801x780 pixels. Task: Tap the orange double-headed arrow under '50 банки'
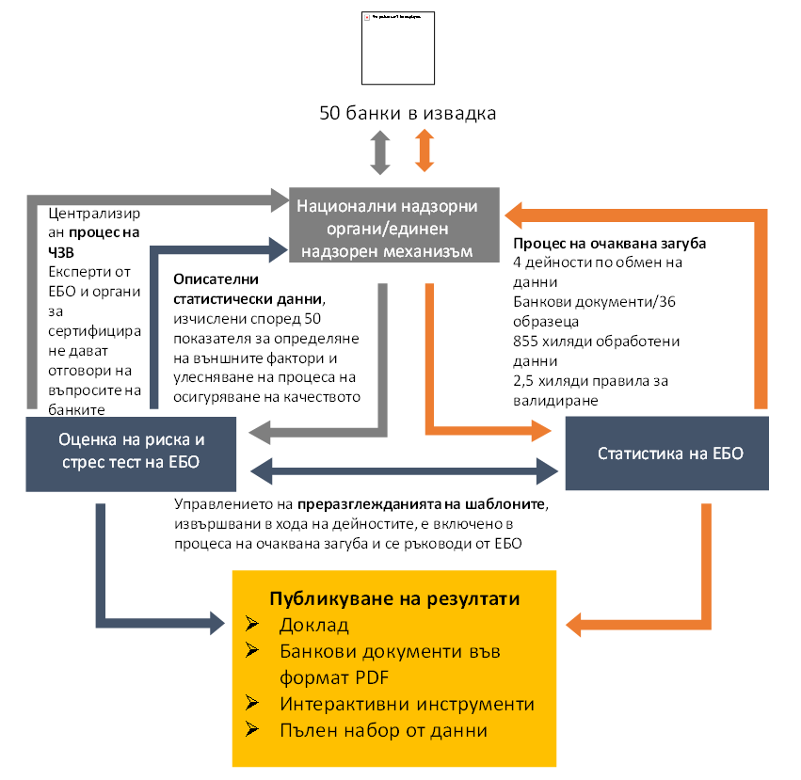coord(424,151)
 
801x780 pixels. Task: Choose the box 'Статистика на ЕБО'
coord(670,453)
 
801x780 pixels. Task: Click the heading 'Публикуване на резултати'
coord(395,599)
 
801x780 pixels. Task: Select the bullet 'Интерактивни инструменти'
coord(407,704)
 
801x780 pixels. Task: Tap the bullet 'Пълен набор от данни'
coord(383,729)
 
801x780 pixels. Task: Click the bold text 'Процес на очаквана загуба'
coord(610,244)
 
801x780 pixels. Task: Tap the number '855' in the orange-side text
coord(527,341)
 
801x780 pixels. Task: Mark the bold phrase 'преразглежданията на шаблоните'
coord(422,505)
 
